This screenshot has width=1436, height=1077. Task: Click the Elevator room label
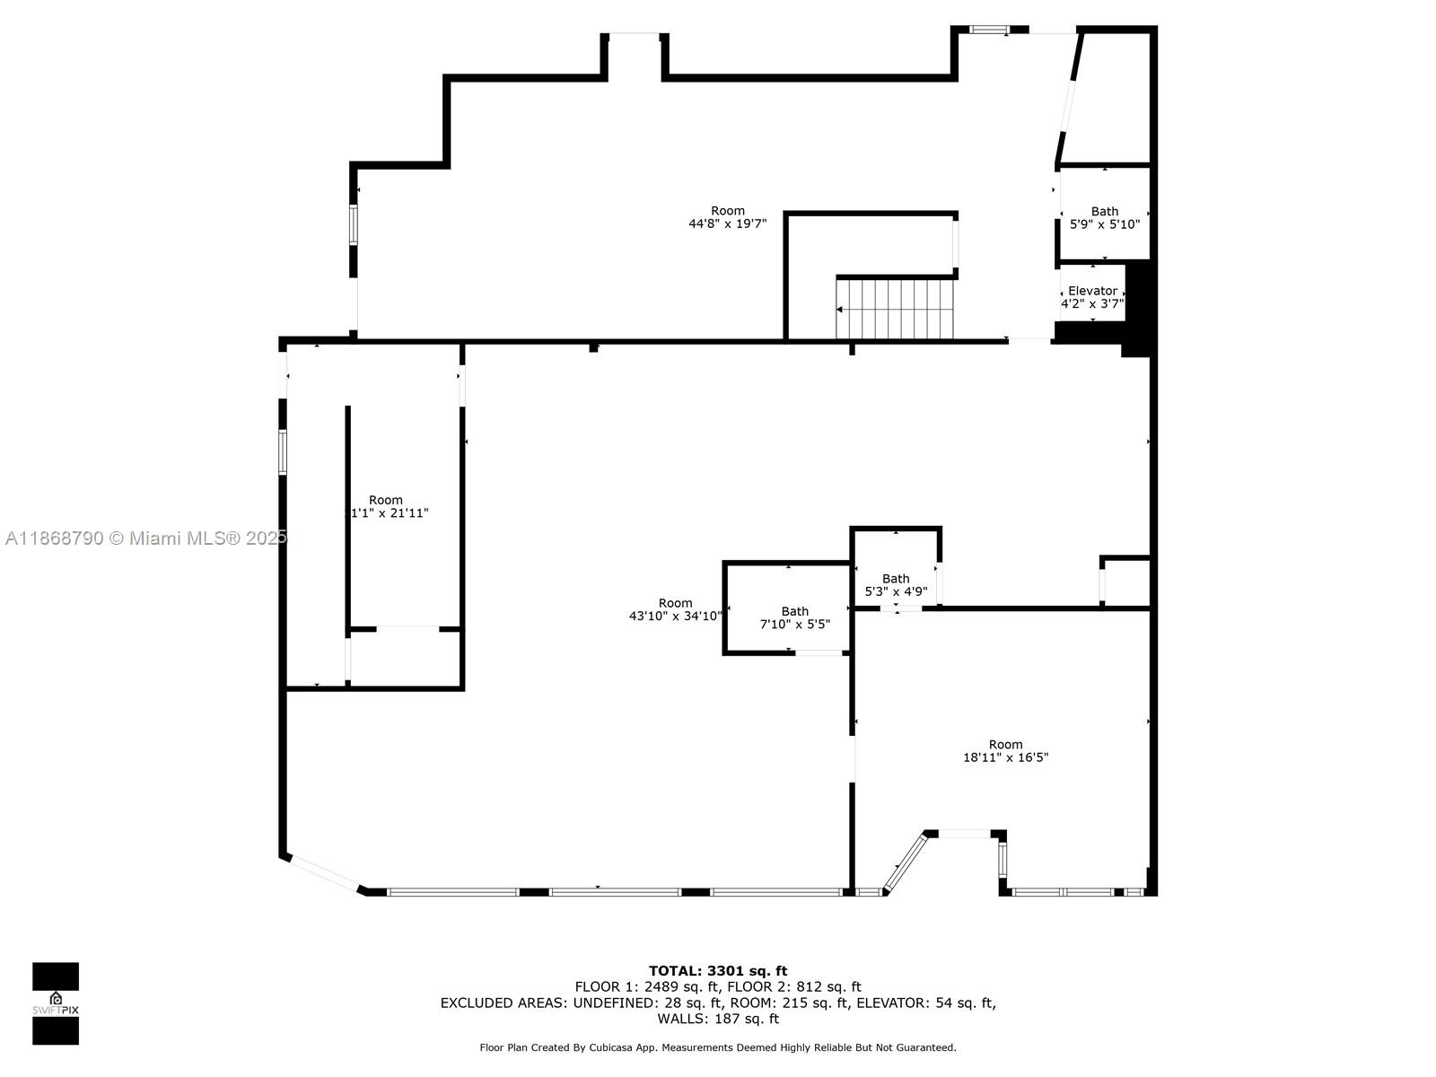point(1092,291)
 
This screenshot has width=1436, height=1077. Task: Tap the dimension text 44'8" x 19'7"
point(727,224)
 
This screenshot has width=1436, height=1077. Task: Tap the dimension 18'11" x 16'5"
point(1005,757)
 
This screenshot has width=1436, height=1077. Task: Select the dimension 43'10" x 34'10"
point(675,617)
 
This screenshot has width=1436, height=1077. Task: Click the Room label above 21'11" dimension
point(386,500)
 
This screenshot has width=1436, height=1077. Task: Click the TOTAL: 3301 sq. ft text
point(718,970)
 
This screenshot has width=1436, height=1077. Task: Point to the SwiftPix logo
point(56,1003)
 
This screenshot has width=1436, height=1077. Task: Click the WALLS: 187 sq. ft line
point(718,1019)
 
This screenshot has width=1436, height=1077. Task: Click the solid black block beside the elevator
point(1137,308)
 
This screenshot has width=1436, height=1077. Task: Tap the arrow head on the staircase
point(839,310)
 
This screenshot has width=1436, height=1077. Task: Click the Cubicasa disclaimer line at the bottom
point(718,1047)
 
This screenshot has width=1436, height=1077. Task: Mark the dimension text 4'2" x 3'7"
point(1092,303)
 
